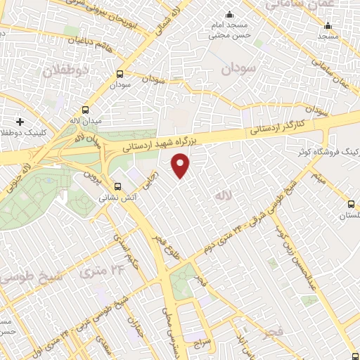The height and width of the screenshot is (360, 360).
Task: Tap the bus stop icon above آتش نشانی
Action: (117, 187)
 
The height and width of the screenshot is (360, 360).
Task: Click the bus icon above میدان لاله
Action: (85, 111)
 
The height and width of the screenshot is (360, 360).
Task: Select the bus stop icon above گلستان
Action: (351, 205)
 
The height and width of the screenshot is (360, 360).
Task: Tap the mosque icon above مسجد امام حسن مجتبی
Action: (228, 15)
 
